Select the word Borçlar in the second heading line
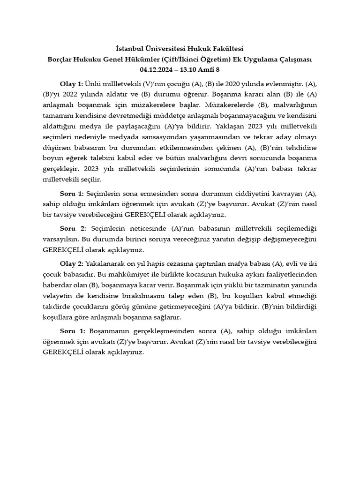pos(63,60)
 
